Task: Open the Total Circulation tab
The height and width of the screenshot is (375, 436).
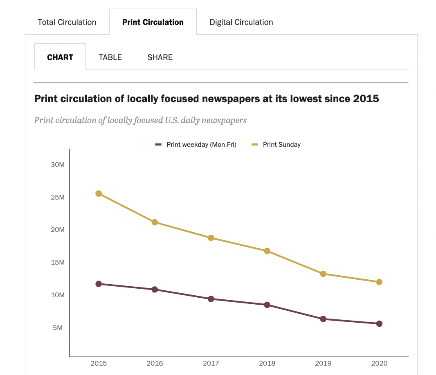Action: coord(67,22)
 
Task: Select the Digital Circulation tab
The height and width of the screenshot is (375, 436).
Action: coord(241,22)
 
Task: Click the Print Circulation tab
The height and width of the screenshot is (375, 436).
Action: coord(153,22)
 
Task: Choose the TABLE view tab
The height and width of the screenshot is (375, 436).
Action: coord(110,57)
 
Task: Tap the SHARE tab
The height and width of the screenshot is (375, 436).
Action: coord(160,57)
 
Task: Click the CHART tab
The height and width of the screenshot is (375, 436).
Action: coord(60,57)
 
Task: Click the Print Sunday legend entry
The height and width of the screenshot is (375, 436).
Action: coord(281,144)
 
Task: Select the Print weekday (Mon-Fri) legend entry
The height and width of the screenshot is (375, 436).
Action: coord(201,144)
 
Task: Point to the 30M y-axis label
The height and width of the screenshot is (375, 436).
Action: coord(58,164)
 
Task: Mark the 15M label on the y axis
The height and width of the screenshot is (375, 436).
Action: coord(58,262)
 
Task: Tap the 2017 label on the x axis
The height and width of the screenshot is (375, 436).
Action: coord(211,363)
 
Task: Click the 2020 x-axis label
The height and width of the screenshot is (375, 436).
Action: coord(379,363)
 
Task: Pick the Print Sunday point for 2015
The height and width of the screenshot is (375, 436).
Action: coord(99,193)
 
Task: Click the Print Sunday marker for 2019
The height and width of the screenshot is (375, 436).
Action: coord(323,274)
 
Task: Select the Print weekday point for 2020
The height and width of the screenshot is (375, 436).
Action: coord(379,323)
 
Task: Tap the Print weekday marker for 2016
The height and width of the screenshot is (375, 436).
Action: coord(155,290)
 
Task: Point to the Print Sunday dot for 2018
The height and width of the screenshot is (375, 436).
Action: coord(267,251)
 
